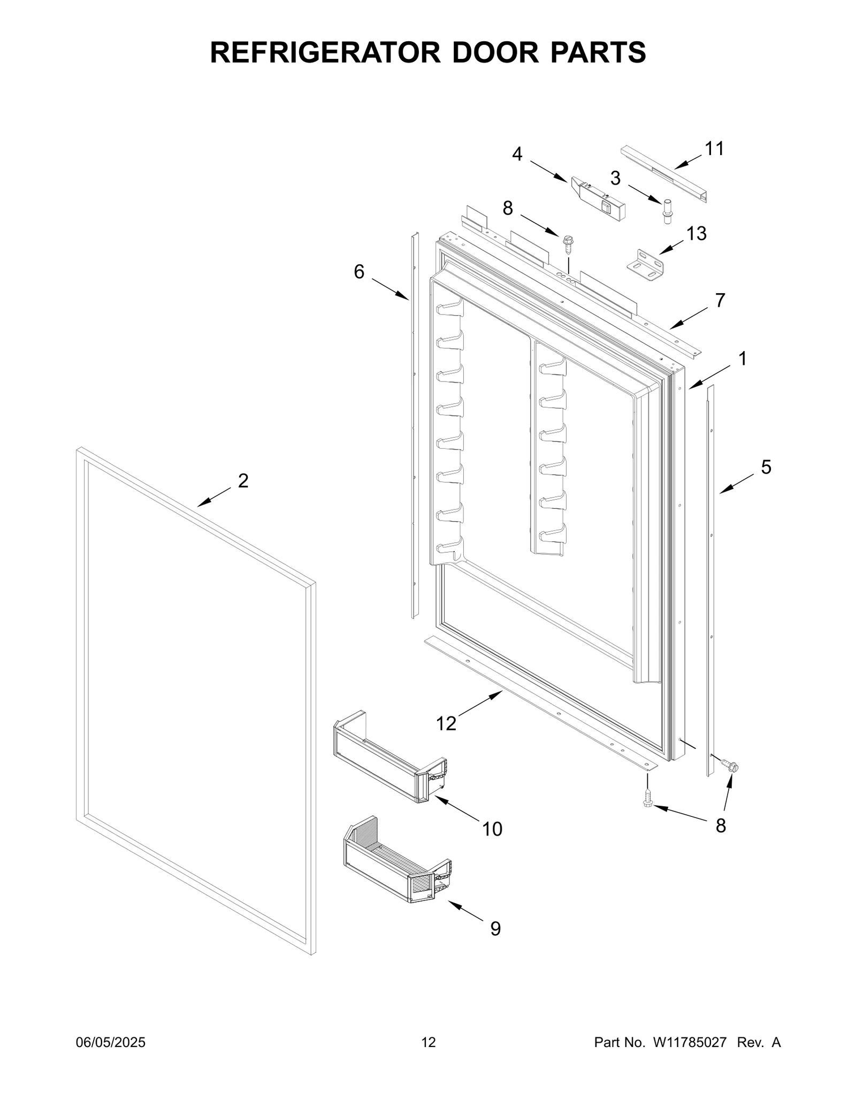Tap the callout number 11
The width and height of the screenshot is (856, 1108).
pyautogui.click(x=714, y=149)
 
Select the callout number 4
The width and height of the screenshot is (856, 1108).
pyautogui.click(x=517, y=154)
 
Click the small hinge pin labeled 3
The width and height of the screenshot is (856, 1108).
pyautogui.click(x=667, y=211)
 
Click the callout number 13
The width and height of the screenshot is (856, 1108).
pyautogui.click(x=697, y=233)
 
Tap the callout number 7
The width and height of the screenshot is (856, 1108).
pyautogui.click(x=720, y=301)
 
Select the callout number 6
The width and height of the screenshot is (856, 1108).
pyautogui.click(x=359, y=272)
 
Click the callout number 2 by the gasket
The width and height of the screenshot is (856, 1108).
pyautogui.click(x=243, y=481)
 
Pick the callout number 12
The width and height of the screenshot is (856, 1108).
pyautogui.click(x=446, y=724)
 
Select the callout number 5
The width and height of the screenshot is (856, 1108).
pyautogui.click(x=766, y=467)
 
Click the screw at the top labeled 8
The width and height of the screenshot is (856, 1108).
pyautogui.click(x=568, y=243)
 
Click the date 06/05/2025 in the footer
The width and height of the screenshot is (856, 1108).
pyautogui.click(x=110, y=1042)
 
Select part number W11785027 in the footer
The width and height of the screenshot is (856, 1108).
pyautogui.click(x=689, y=1042)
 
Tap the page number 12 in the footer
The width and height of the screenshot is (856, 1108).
pyautogui.click(x=429, y=1042)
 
